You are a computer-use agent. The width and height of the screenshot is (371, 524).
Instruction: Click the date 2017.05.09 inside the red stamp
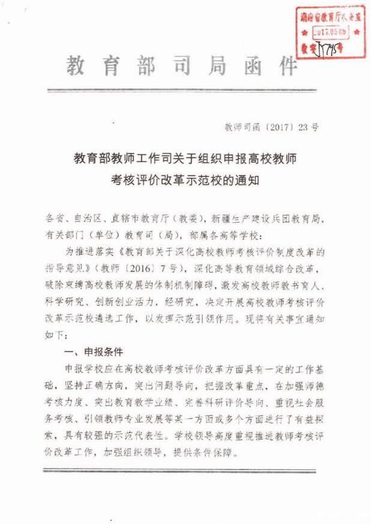(x=330, y=32)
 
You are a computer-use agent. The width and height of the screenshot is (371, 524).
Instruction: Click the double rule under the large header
(x=186, y=91)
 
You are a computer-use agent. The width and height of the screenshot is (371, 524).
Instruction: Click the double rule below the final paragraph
(x=186, y=471)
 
